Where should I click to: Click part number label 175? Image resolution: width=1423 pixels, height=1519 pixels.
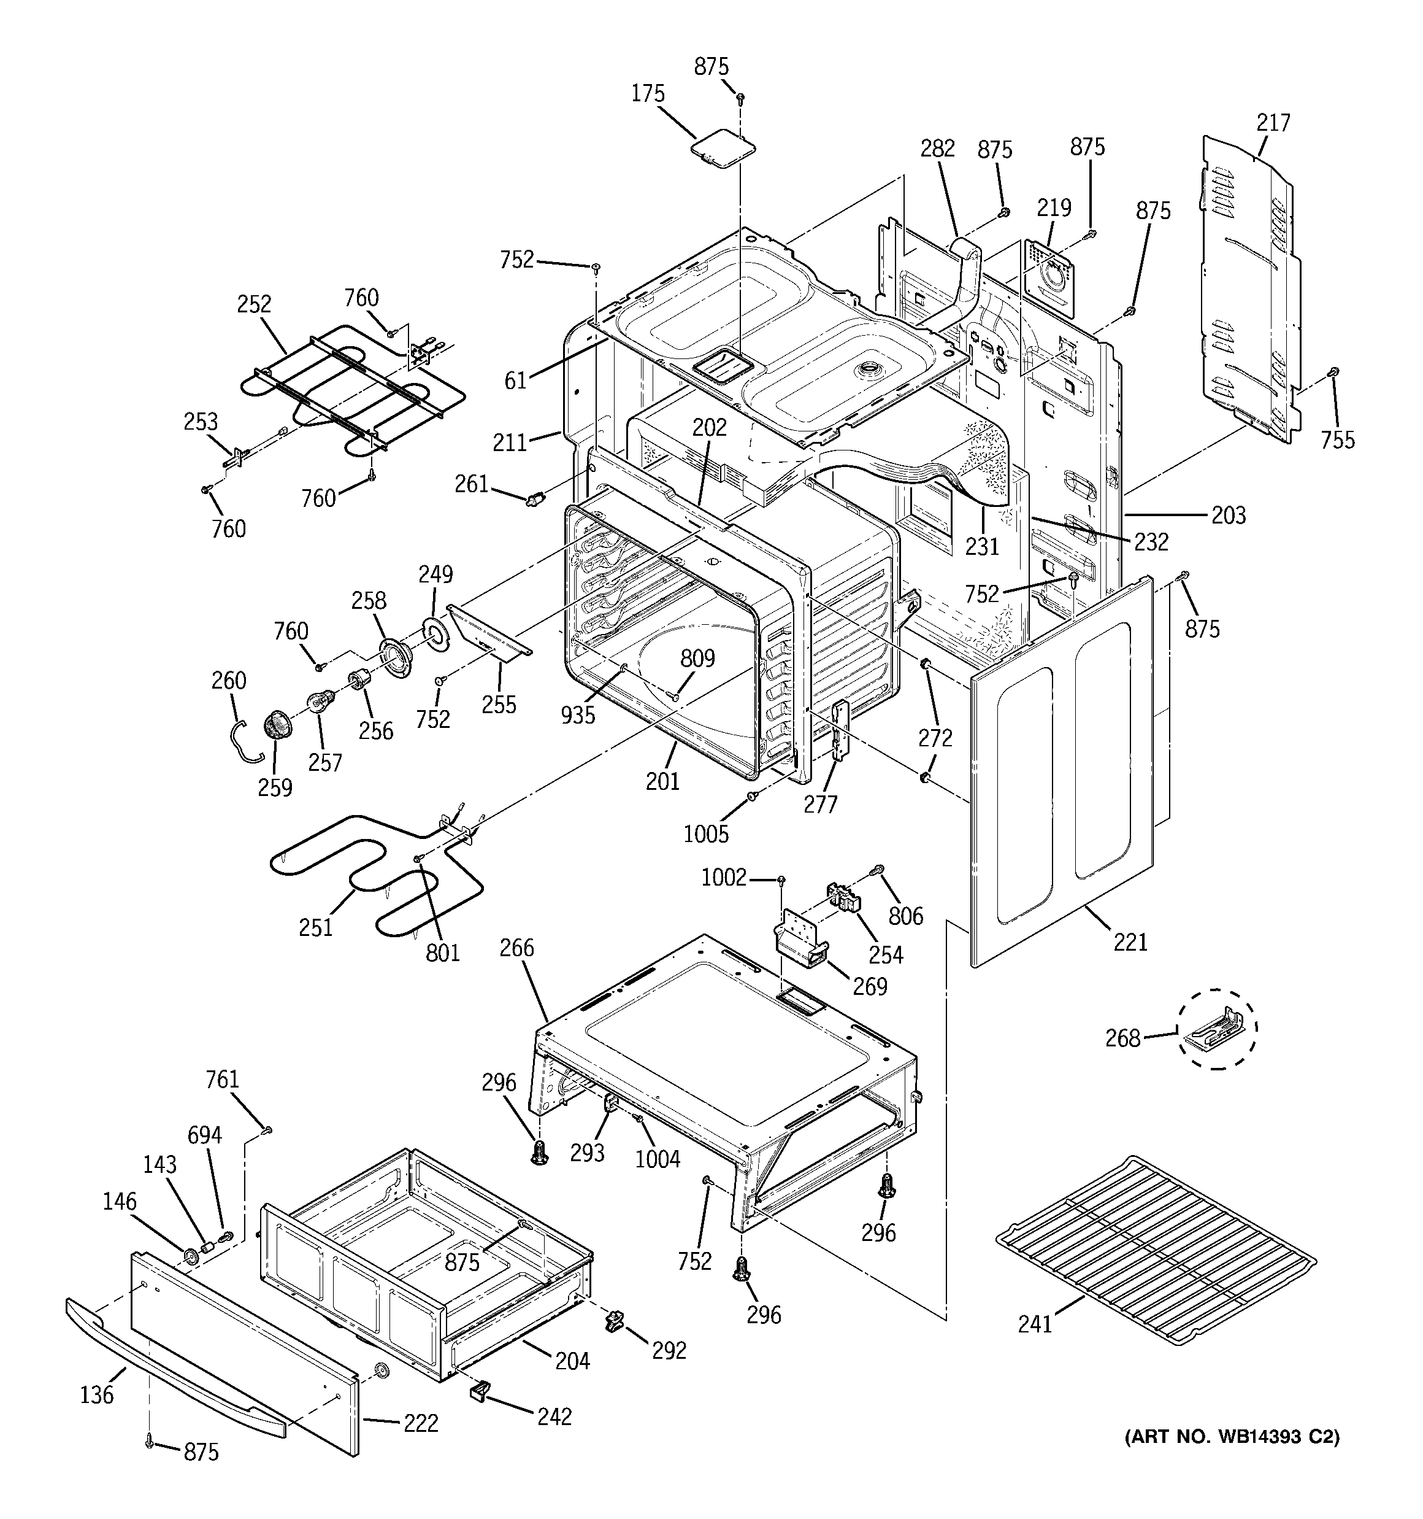(648, 94)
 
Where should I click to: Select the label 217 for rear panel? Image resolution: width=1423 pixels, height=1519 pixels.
(1273, 122)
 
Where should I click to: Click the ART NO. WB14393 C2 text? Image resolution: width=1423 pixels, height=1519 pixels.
(1231, 1437)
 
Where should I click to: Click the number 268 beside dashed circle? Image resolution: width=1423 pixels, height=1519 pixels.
(1122, 1038)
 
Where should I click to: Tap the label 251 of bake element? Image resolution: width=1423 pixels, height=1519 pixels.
(315, 927)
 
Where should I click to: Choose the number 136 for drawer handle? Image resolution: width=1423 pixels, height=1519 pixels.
(96, 1394)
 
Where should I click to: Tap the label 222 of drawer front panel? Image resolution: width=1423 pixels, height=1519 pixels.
(420, 1423)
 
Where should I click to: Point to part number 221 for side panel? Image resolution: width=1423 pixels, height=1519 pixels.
(1130, 942)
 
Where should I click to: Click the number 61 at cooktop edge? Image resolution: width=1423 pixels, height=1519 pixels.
(516, 380)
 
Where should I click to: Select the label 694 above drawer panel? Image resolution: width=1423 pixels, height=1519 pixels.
(205, 1135)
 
